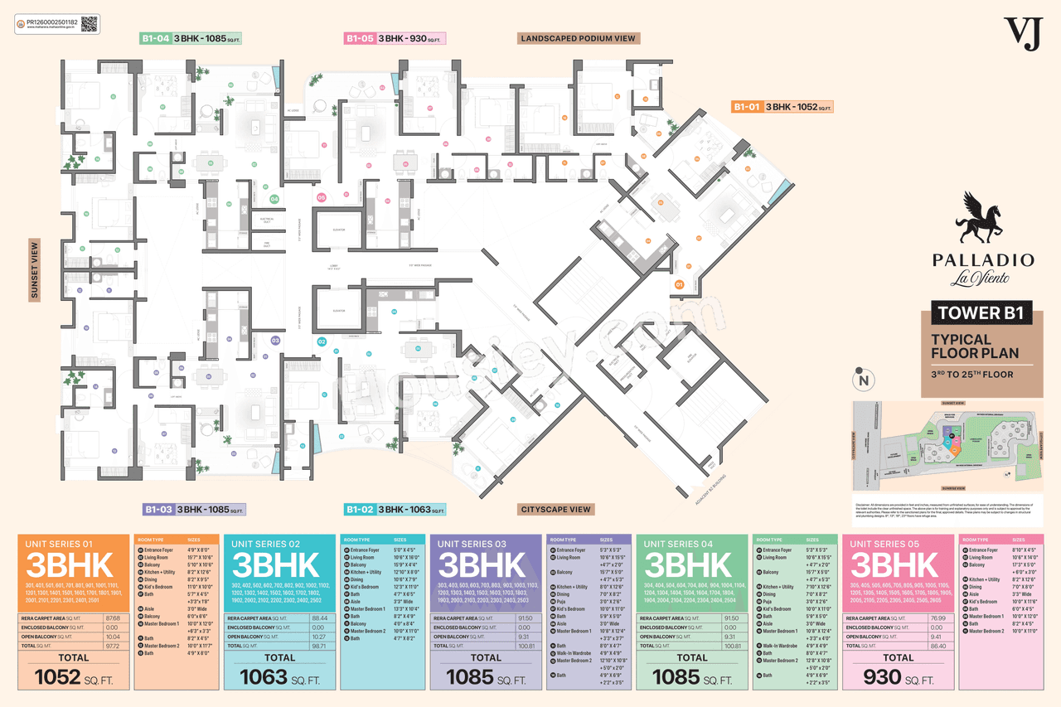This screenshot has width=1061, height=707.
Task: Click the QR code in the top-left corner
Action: pyautogui.click(x=90, y=23)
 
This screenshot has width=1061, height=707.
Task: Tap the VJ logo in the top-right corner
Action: pyautogui.click(x=1021, y=34)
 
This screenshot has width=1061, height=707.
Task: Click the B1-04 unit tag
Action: pyautogui.click(x=155, y=38)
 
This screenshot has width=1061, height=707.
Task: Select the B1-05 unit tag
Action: pyautogui.click(x=360, y=38)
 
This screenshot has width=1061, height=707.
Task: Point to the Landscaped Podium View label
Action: pyautogui.click(x=578, y=38)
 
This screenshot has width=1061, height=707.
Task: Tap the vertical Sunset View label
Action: pyautogui.click(x=34, y=269)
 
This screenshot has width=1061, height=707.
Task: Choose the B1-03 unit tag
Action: pyautogui.click(x=157, y=509)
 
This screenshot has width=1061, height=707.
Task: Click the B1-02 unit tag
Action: pyautogui.click(x=360, y=509)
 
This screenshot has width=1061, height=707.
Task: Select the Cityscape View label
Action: pyautogui.click(x=555, y=509)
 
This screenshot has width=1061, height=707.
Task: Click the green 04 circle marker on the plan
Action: pyautogui.click(x=274, y=199)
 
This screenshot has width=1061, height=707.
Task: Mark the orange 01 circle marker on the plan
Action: pyautogui.click(x=679, y=284)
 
